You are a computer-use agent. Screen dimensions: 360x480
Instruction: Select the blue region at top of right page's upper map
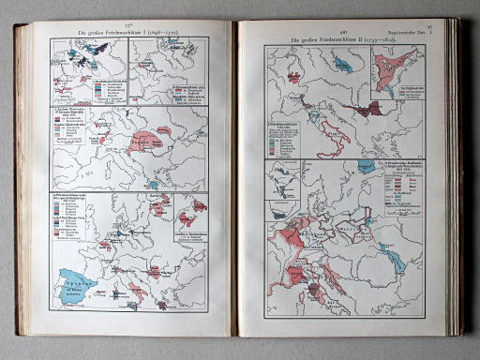[x=352, y=62]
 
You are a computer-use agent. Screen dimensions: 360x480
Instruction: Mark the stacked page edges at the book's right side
[x=456, y=178]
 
